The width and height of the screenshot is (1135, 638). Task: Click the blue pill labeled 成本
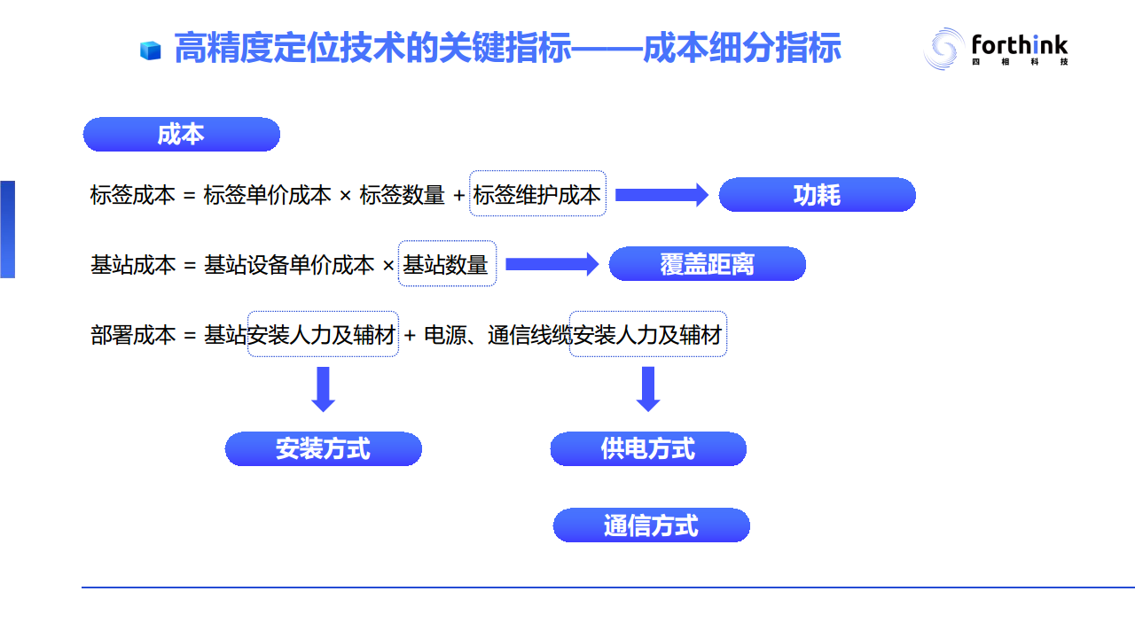tap(181, 135)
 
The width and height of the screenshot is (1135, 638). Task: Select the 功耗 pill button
tap(817, 195)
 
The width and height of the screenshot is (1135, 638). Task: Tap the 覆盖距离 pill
tap(707, 264)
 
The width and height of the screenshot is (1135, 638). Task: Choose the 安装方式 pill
tap(323, 449)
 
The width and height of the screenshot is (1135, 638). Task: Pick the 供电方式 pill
tap(648, 449)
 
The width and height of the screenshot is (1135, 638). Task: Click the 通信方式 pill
tap(651, 525)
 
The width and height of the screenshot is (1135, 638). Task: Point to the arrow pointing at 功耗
tap(661, 195)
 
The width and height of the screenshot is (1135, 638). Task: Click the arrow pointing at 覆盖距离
tap(552, 264)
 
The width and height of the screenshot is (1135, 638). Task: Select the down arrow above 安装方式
tap(324, 389)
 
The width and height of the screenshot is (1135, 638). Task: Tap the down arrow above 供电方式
tap(648, 389)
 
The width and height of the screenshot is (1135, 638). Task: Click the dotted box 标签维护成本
tap(537, 194)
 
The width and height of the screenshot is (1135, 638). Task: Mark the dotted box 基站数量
tap(447, 264)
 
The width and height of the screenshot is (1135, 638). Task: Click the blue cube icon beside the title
tap(150, 51)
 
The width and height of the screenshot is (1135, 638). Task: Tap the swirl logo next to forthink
tap(943, 49)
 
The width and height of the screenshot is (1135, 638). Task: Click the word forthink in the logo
tap(1020, 44)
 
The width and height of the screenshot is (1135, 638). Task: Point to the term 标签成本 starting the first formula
tap(133, 196)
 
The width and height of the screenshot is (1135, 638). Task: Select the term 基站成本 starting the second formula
tap(133, 265)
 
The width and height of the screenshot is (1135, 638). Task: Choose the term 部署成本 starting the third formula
tap(133, 336)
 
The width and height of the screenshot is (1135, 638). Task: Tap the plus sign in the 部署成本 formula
tap(410, 336)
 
